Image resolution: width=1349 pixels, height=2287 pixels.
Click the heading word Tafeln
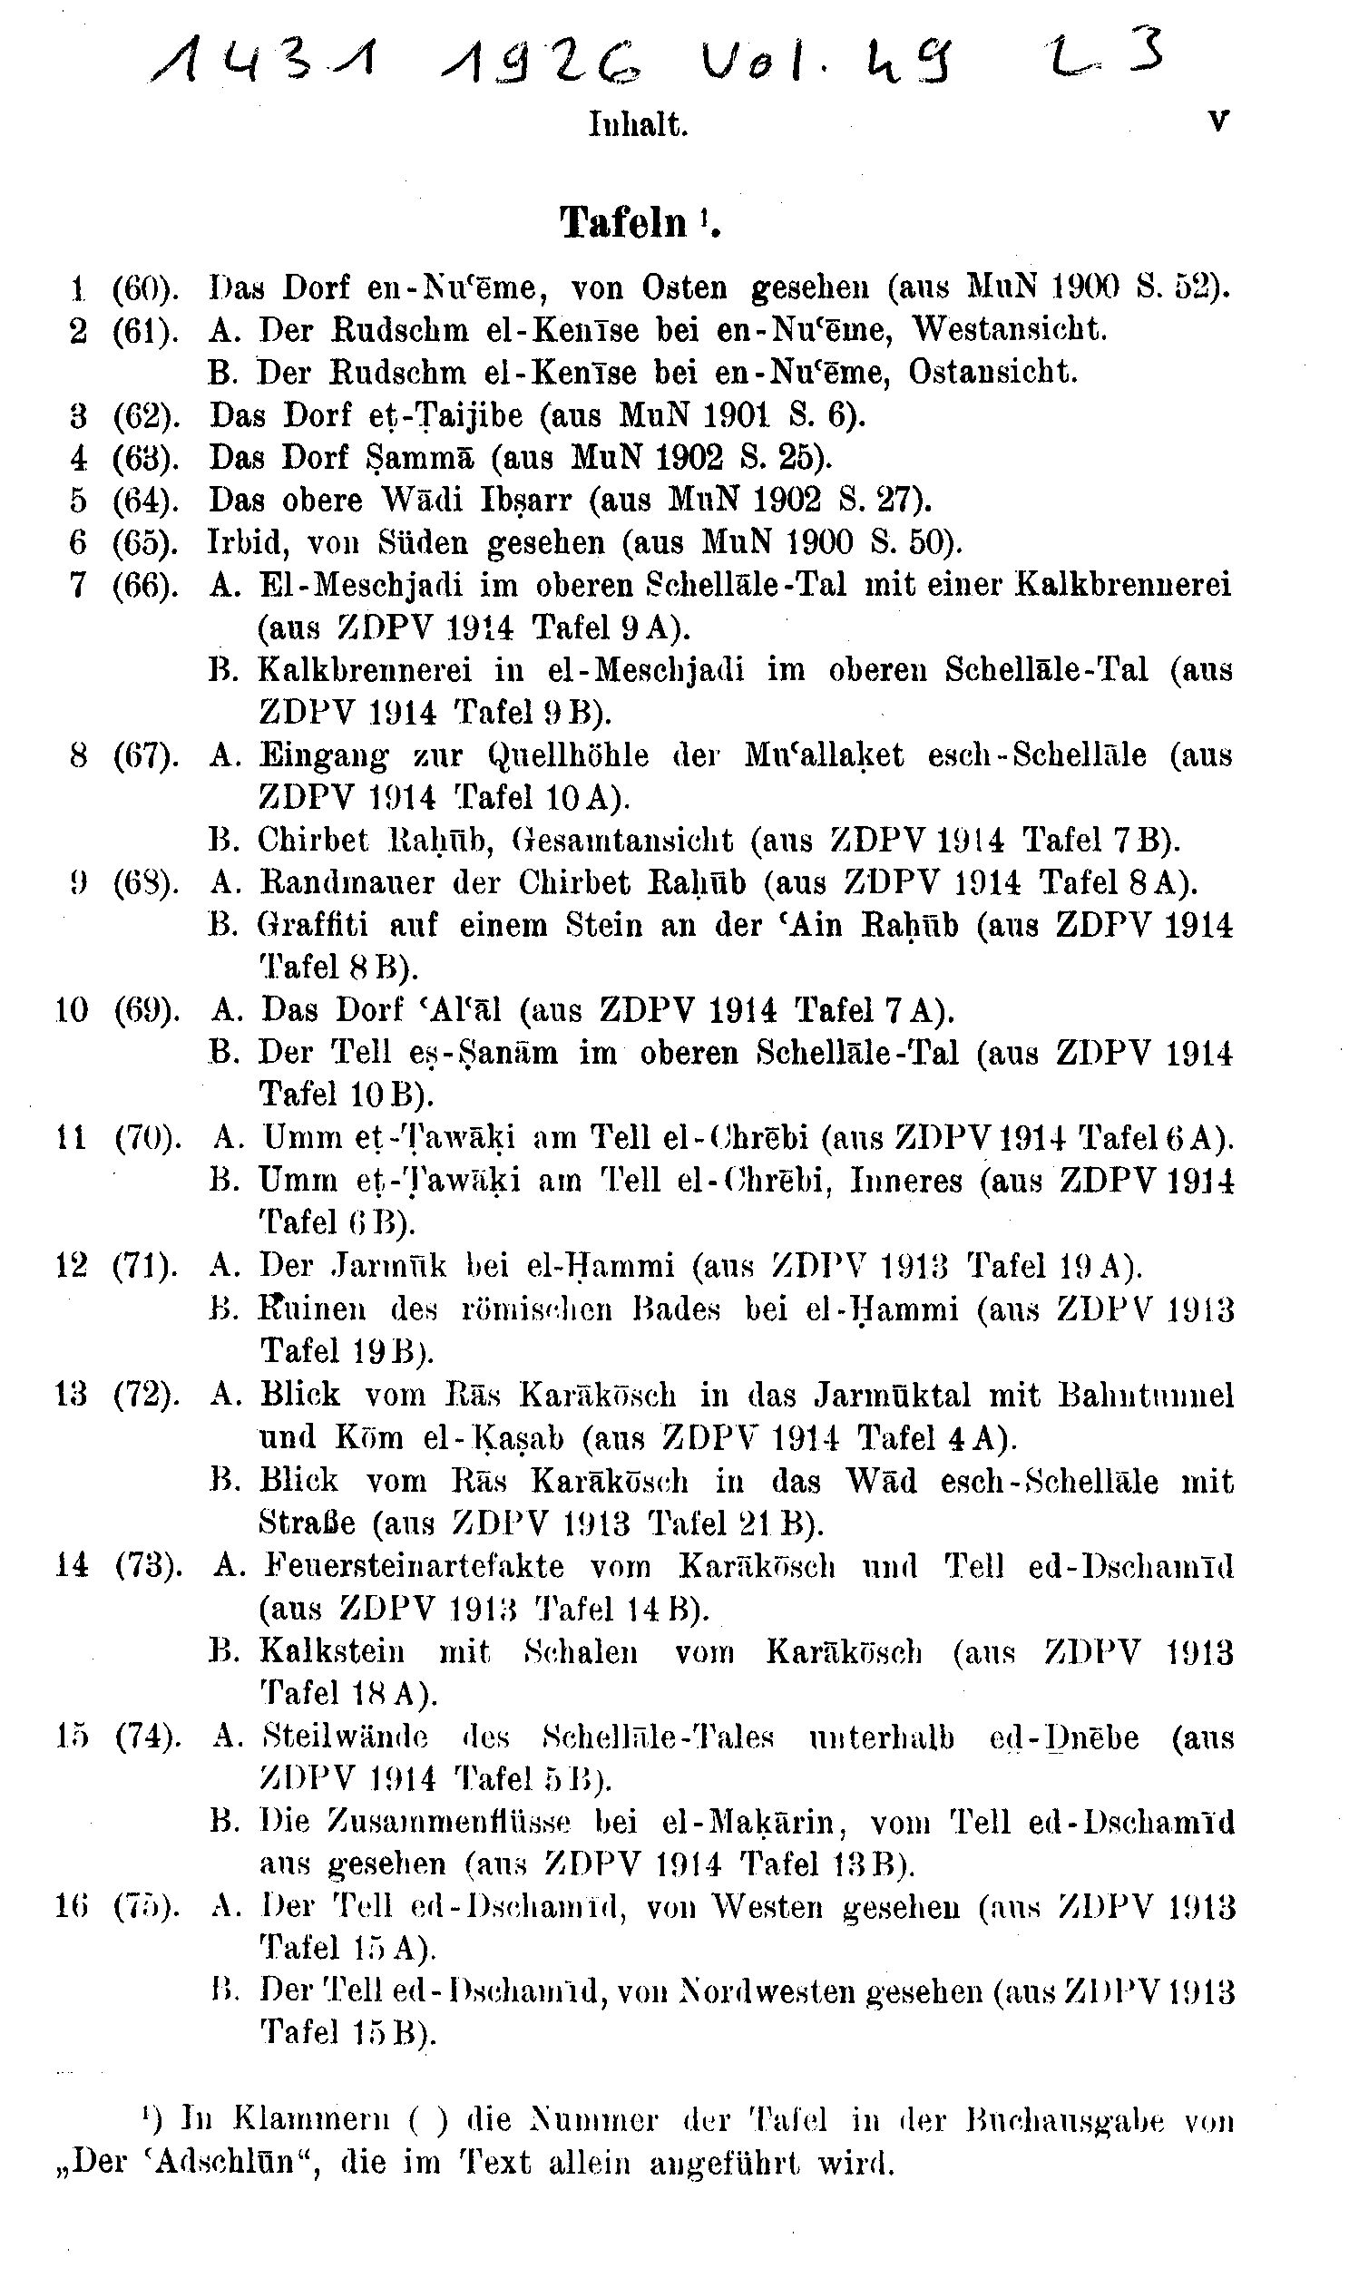click(x=623, y=221)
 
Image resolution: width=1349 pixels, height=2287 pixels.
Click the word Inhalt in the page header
click(x=638, y=124)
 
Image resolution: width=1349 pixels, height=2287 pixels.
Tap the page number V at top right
click(x=1218, y=121)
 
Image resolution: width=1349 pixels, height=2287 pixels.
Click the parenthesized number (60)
click(x=144, y=288)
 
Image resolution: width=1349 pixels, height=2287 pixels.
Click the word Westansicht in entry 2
click(x=1009, y=329)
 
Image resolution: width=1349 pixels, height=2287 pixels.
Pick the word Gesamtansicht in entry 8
click(x=622, y=840)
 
